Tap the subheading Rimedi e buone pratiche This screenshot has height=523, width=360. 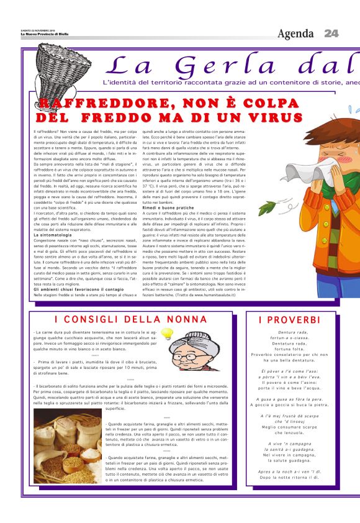click(x=169, y=207)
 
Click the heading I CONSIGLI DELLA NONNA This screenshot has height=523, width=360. click(x=131, y=319)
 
